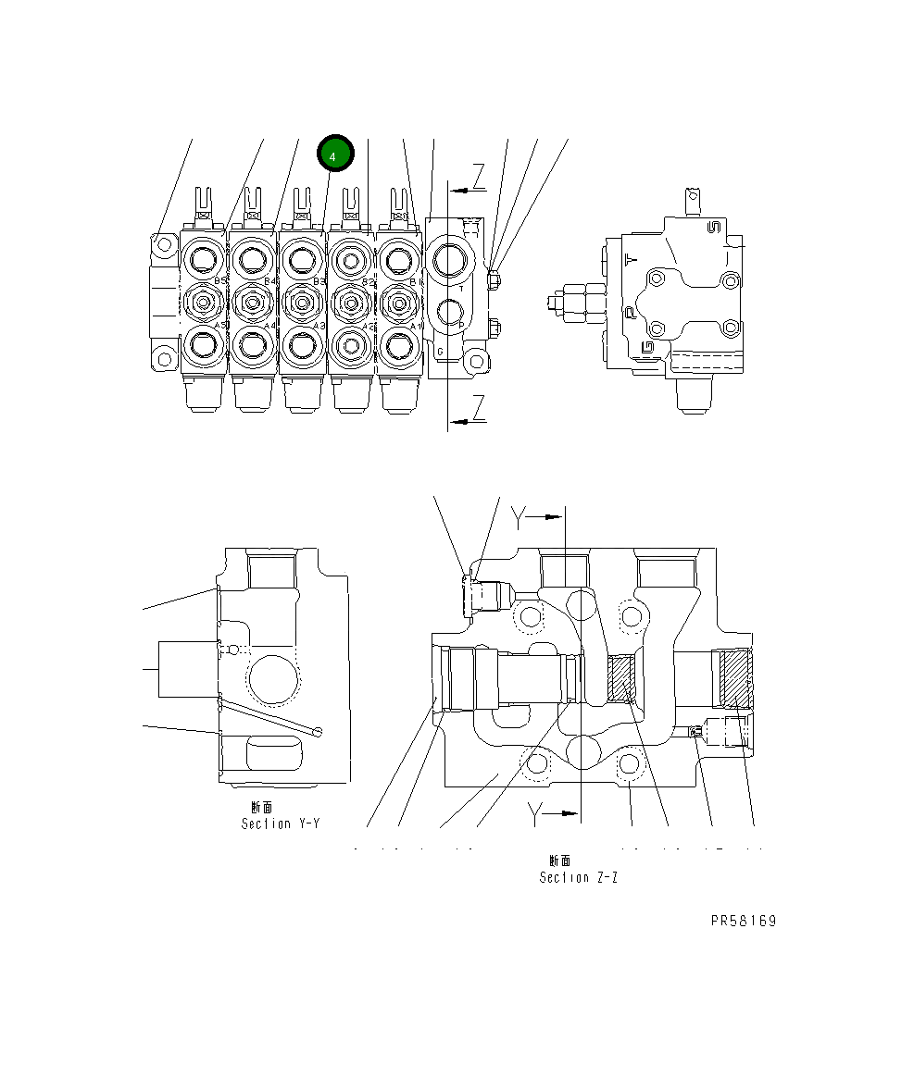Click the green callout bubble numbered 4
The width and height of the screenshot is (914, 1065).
pos(334,155)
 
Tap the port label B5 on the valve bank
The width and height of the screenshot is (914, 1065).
pos(220,280)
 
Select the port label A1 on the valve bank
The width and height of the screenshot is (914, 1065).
pos(415,326)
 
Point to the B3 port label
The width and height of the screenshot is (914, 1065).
pos(318,280)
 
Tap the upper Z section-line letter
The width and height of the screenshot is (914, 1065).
pos(478,174)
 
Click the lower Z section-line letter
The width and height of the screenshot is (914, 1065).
pos(478,407)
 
